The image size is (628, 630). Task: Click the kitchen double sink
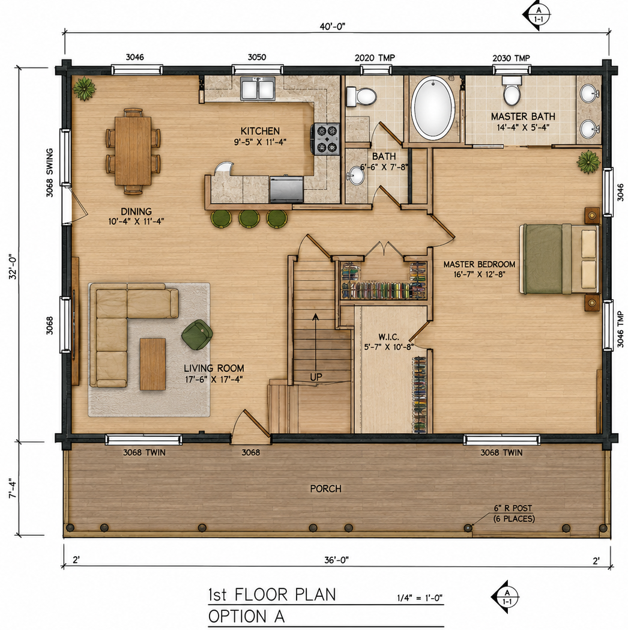258,88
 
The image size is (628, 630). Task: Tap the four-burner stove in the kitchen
325,139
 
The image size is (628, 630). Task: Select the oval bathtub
433,108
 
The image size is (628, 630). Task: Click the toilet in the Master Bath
512,91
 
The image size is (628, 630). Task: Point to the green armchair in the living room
197,335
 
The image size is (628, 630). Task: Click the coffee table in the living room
152,364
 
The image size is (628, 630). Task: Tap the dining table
133,151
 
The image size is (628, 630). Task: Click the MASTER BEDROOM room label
479,264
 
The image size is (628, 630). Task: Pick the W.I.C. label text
388,337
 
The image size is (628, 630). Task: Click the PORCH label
325,489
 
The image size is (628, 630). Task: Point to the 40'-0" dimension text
333,26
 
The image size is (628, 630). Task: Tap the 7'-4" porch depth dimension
13,488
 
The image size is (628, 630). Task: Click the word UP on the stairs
316,377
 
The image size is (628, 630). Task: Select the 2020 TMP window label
375,58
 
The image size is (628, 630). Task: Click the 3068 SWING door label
49,173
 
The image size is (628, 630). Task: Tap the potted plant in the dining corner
84,88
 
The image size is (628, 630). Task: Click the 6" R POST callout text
513,508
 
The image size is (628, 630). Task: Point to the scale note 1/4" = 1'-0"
420,598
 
